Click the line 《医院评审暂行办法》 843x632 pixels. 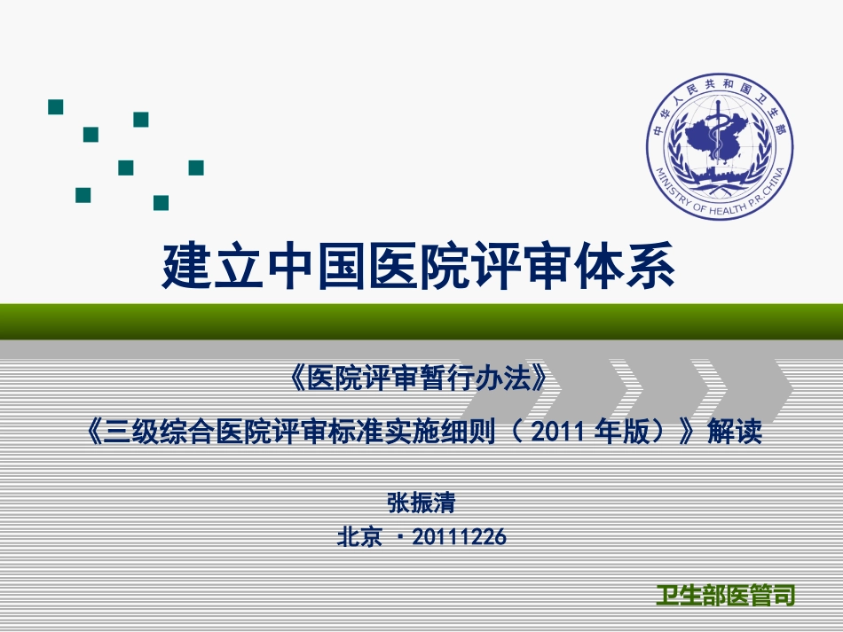416,380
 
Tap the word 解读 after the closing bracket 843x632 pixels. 735,433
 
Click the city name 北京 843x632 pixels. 359,536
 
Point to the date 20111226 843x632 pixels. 461,536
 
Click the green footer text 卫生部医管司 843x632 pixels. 725,595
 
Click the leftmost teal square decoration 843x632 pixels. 55,107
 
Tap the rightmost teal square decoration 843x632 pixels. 196,168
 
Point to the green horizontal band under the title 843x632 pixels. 421,320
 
